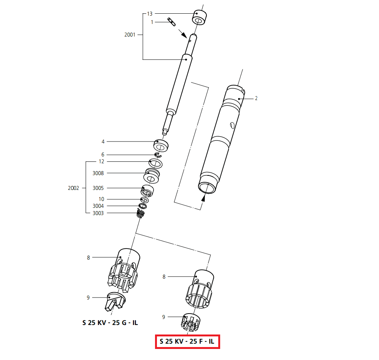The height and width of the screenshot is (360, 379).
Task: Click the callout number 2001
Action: (x=130, y=35)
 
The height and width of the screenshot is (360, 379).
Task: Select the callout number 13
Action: (x=150, y=14)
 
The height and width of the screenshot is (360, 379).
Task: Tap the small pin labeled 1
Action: (x=171, y=22)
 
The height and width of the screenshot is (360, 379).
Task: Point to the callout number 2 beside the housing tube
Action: (x=256, y=98)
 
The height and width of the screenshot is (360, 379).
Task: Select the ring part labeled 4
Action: (x=161, y=145)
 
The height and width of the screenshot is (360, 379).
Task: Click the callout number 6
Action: (x=102, y=155)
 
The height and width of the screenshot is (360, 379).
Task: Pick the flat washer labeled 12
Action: (x=155, y=164)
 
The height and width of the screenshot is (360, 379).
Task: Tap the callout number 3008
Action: (x=98, y=173)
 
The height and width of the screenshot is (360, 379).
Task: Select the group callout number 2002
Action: (x=73, y=188)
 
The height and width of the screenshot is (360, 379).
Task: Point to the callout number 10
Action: (x=101, y=199)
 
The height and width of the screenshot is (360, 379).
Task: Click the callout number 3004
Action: (x=98, y=206)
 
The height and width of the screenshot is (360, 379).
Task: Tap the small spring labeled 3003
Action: (x=141, y=214)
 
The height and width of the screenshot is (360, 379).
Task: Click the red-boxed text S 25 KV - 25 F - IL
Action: (x=187, y=341)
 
